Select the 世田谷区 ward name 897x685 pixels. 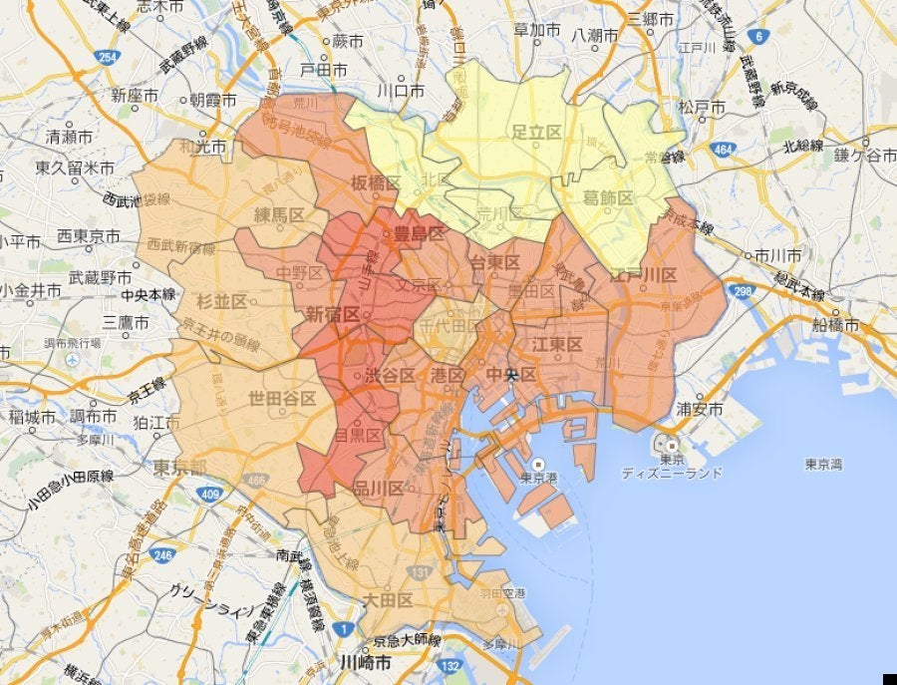coord(283,399)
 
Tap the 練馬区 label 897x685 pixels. coord(277,214)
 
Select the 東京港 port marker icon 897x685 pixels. coord(538,465)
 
